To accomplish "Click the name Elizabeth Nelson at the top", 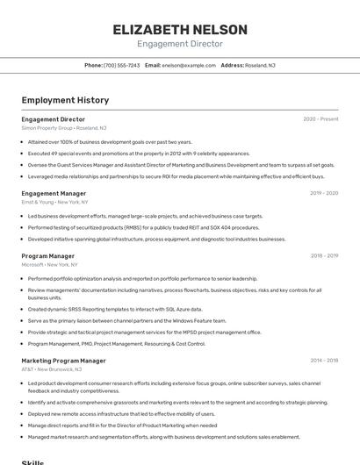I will (x=179, y=29).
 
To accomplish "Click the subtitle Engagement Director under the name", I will (x=179, y=44).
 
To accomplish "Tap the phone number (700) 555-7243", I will (x=121, y=65).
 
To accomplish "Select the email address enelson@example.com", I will (x=189, y=65).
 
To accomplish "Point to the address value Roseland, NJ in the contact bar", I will (x=260, y=65).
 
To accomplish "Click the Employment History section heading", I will (x=65, y=100).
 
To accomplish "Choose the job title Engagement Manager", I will (x=54, y=193).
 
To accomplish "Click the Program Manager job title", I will (x=48, y=256).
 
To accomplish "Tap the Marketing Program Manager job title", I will (x=63, y=361).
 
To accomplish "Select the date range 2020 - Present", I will (x=320, y=119).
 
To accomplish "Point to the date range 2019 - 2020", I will (x=324, y=193).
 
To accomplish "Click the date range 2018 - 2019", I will (x=324, y=256).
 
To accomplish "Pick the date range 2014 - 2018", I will (x=324, y=361).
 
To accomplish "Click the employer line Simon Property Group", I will (x=47, y=127).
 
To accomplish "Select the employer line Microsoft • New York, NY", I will (x=49, y=264).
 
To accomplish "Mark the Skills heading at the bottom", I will (x=32, y=461).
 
